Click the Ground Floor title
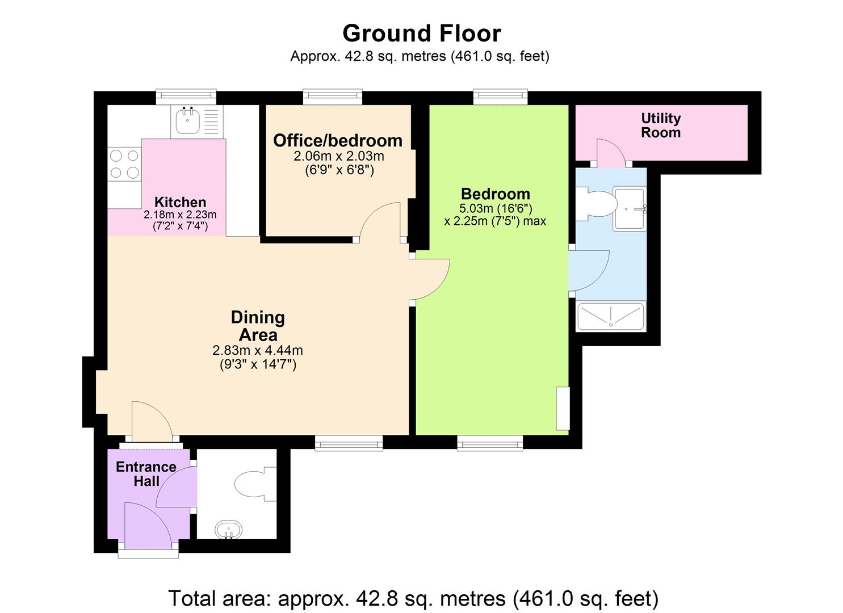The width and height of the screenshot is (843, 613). coord(421,33)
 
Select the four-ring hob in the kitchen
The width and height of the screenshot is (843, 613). coord(125,163)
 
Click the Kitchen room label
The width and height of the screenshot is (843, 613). coord(180,202)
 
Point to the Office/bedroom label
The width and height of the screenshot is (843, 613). coord(338,140)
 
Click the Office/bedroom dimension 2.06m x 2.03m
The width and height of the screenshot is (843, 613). coord(339,156)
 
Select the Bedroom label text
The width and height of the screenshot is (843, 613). coord(495,194)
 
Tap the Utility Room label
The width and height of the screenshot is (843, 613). coord(660,125)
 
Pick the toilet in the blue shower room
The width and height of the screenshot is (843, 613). coord(596,204)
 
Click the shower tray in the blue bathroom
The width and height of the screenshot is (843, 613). coord(611,316)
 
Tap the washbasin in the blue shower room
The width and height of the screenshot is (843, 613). coord(630,208)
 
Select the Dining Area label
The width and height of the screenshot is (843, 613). coord(258,326)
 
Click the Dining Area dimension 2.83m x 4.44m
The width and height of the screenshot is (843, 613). coord(258,350)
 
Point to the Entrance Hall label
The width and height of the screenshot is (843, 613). coord(146,474)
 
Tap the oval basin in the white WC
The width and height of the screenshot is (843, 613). coord(228,531)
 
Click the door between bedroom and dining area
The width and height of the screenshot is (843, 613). coord(432,278)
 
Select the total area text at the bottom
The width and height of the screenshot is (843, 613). coord(413,598)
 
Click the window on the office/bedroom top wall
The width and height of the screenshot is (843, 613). coord(333,96)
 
